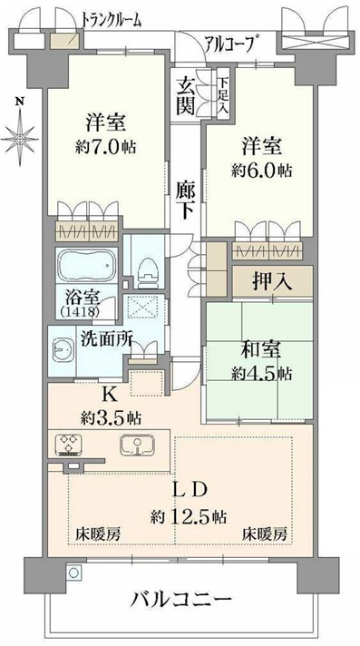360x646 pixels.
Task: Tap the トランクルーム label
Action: tap(112, 19)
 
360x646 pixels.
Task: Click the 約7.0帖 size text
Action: tap(105, 147)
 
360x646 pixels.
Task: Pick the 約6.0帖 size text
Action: tap(262, 170)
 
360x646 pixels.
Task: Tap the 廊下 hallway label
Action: tap(186, 200)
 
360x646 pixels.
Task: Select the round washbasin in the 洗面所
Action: tap(63, 350)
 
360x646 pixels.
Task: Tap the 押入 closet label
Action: tap(273, 283)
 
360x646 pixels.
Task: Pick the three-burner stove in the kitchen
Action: tap(69, 445)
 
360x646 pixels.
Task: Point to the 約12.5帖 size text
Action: tap(188, 515)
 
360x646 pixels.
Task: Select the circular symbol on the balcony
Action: tap(73, 572)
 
